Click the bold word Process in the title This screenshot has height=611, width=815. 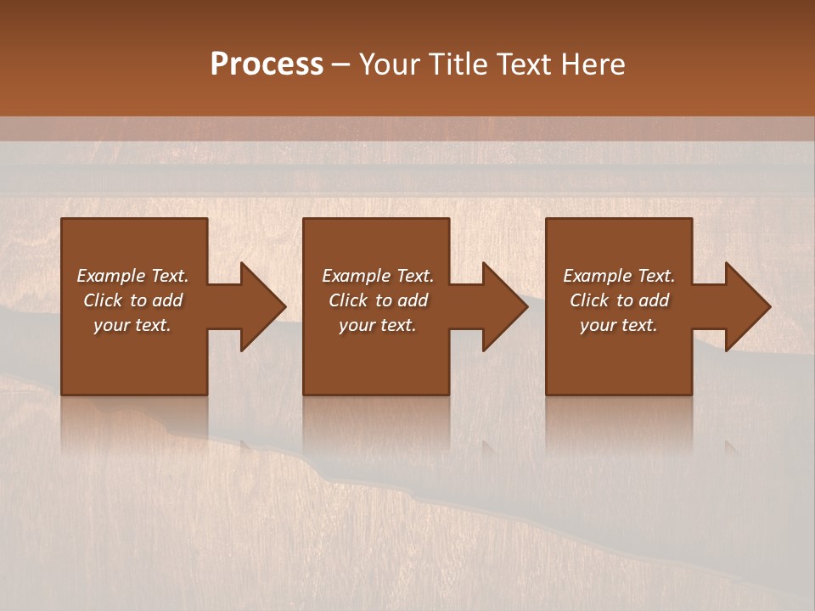point(267,64)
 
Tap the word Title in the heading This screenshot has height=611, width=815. point(459,64)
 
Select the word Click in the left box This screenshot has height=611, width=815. point(103,300)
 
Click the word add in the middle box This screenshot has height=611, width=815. point(413,300)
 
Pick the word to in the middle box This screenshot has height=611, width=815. point(384,300)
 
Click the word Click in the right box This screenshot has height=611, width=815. point(589,300)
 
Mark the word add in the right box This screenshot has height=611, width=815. point(654,300)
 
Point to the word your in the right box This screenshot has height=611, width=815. point(597,326)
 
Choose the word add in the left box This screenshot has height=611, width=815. point(167,300)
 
